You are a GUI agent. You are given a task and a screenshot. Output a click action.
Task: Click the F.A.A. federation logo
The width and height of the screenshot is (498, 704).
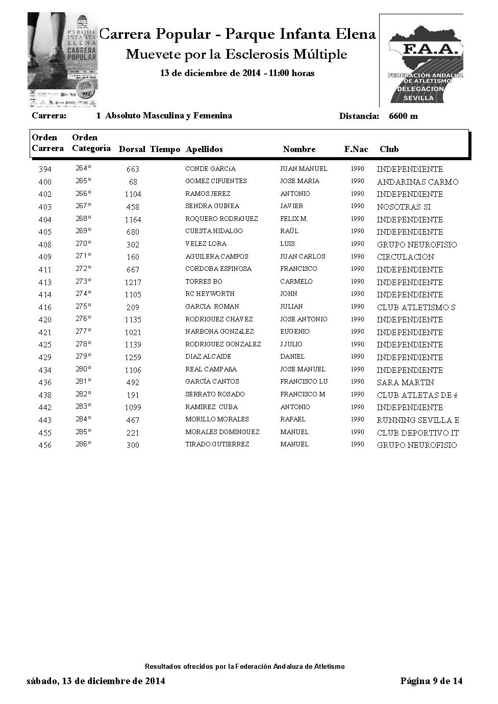pyautogui.click(x=421, y=60)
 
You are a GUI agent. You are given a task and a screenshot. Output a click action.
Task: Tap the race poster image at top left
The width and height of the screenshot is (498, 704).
pyautogui.click(x=62, y=60)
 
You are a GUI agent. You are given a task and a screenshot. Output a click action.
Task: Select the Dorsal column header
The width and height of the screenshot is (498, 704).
pyautogui.click(x=132, y=149)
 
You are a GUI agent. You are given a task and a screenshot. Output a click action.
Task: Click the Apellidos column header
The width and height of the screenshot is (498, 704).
pyautogui.click(x=204, y=149)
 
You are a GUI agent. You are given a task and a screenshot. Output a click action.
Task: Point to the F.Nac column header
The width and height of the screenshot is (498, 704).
pyautogui.click(x=356, y=149)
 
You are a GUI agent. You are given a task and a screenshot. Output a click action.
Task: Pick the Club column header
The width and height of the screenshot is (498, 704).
pyautogui.click(x=389, y=149)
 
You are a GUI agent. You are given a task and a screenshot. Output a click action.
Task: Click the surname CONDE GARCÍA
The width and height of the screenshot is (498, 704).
pyautogui.click(x=210, y=169)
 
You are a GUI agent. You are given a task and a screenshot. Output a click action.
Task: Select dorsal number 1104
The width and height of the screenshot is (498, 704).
pyautogui.click(x=133, y=194)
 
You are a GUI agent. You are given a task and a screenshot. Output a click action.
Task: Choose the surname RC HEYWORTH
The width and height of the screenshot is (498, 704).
pyautogui.click(x=210, y=294)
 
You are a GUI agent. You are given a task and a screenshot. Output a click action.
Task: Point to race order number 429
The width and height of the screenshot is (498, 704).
pyautogui.click(x=45, y=357)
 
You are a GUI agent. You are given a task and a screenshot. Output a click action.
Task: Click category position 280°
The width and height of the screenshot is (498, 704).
pyautogui.click(x=83, y=369)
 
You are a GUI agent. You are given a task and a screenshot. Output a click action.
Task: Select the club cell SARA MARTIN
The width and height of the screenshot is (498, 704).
pyautogui.click(x=405, y=382)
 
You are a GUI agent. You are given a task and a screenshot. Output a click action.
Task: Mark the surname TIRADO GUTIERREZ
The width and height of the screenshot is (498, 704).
pyautogui.click(x=217, y=444)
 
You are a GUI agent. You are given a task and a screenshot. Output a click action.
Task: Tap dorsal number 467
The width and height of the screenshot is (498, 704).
pyautogui.click(x=133, y=420)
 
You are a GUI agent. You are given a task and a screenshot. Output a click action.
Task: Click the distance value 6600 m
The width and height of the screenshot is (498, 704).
pyautogui.click(x=403, y=116)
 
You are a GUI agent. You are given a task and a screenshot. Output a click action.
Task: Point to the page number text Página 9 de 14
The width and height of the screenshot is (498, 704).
pyautogui.click(x=431, y=681)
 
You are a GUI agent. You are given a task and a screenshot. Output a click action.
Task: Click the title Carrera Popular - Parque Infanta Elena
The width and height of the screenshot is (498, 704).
pyautogui.click(x=237, y=34)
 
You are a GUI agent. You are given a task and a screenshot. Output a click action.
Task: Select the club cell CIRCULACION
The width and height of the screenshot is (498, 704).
pyautogui.click(x=405, y=257)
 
